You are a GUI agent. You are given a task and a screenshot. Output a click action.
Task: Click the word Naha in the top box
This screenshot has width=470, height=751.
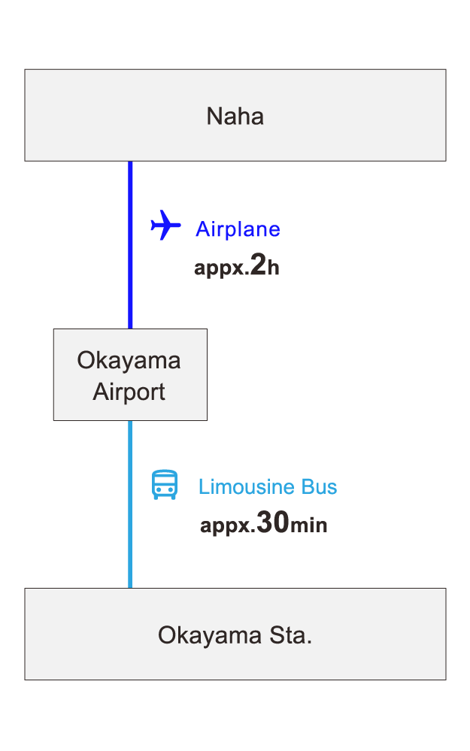[235, 117]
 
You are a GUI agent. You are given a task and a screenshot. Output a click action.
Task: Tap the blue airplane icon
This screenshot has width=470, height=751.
[165, 225]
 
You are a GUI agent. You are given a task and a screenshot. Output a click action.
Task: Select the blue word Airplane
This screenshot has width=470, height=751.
[238, 229]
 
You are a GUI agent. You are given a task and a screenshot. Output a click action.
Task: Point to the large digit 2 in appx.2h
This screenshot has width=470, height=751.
[258, 265]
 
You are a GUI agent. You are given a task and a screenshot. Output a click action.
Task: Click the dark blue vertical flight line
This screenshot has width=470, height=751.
[130, 244]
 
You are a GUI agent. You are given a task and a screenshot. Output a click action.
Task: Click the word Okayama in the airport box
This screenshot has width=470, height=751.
[129, 360]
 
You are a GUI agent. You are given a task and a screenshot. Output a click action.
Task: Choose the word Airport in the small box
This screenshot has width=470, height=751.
[129, 392]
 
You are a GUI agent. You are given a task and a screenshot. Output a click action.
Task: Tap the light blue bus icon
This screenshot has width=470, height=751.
[165, 486]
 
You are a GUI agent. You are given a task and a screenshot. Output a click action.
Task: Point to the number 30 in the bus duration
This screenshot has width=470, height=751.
[272, 523]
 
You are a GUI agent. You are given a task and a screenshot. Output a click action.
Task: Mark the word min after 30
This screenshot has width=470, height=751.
[308, 525]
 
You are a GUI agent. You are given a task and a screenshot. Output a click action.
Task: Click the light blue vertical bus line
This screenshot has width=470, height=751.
[130, 504]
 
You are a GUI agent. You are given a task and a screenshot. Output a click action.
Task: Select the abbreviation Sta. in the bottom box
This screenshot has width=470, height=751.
[290, 636]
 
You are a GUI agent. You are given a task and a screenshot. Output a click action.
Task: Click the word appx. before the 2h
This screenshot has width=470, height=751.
[221, 269]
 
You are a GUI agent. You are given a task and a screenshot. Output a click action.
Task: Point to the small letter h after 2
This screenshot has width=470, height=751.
[274, 268]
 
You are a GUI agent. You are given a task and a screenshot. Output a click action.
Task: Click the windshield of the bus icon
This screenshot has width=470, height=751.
[165, 482]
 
